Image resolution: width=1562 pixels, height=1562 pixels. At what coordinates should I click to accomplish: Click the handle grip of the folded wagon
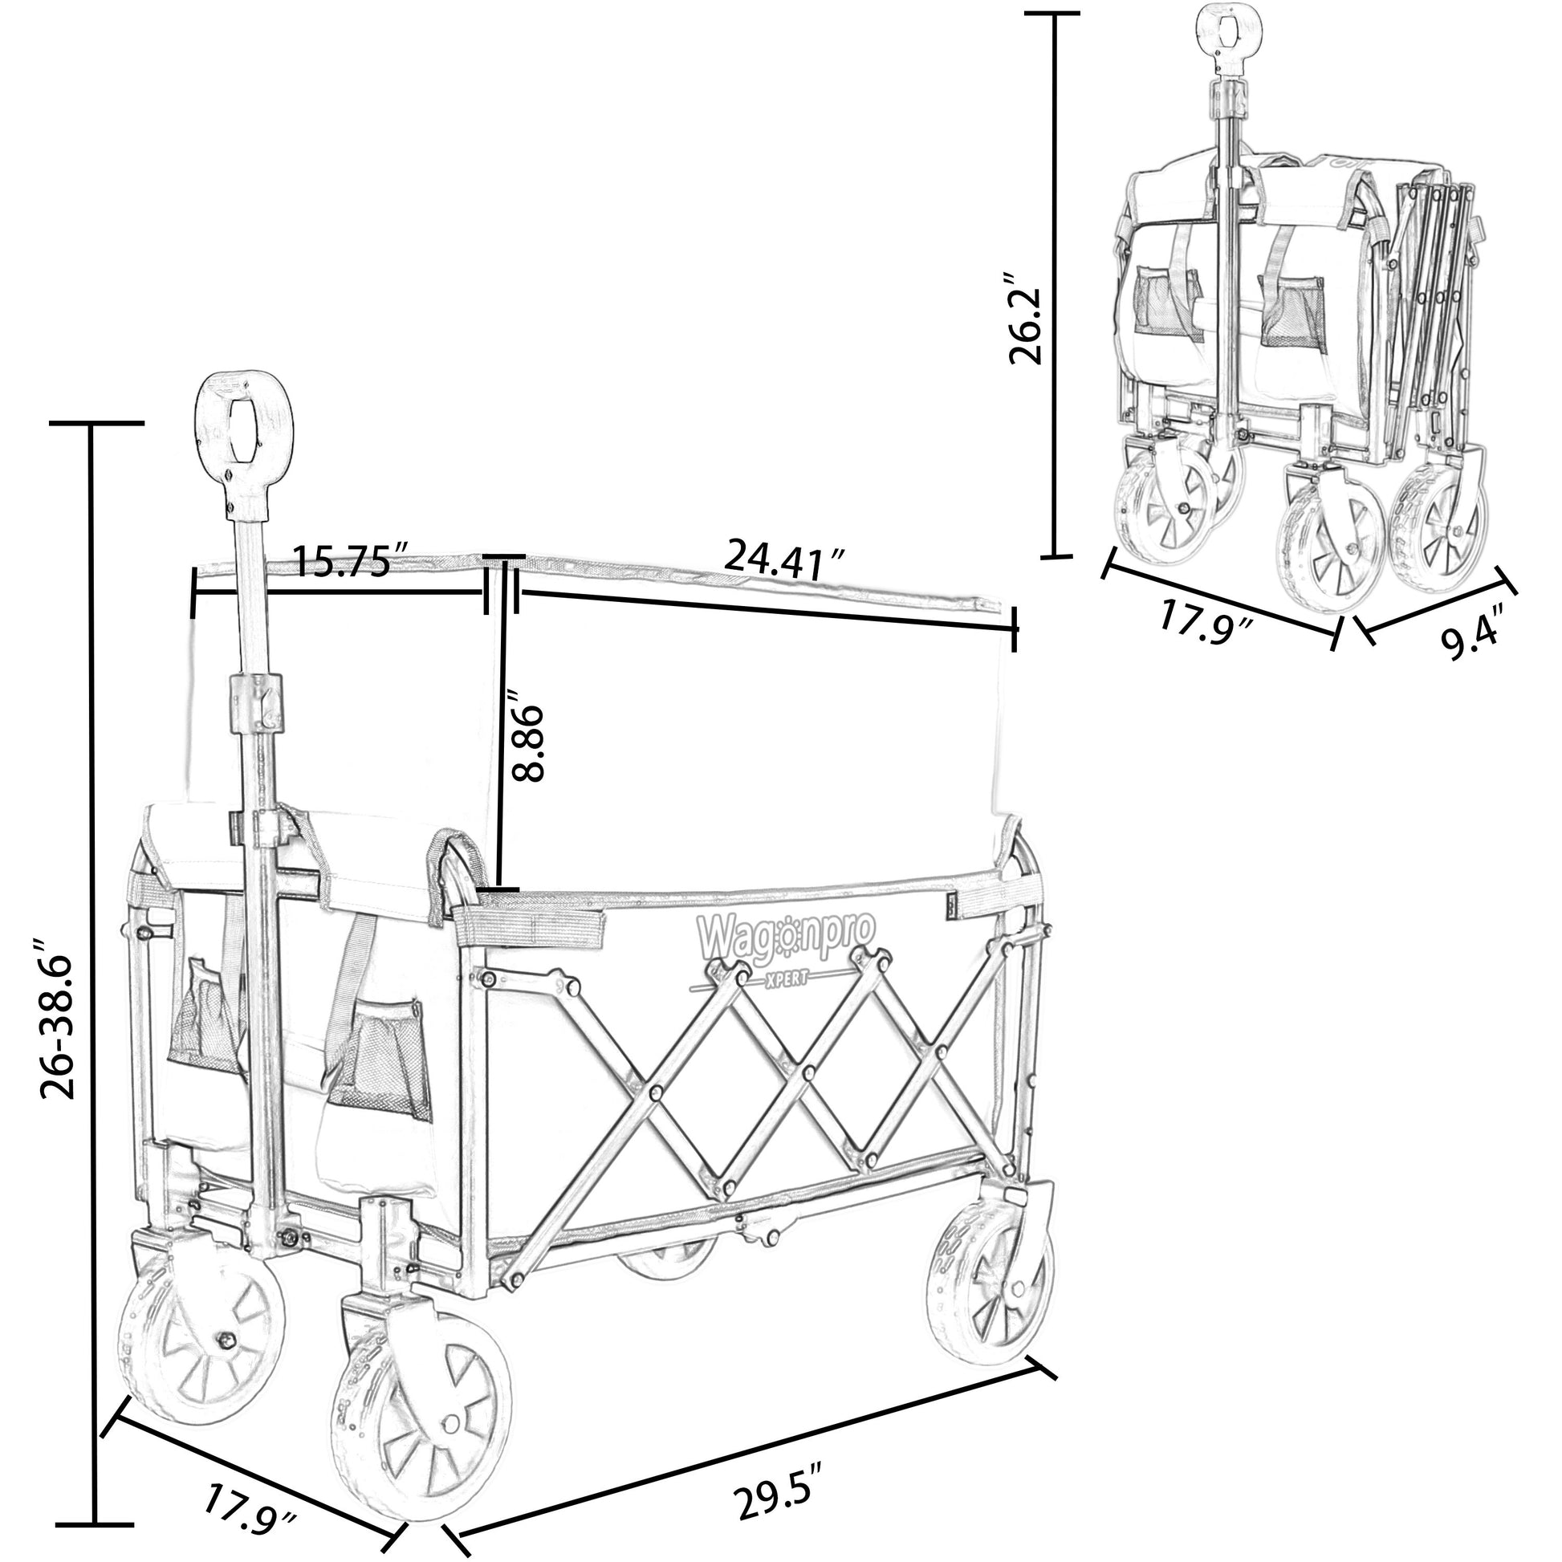pyautogui.click(x=1230, y=32)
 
